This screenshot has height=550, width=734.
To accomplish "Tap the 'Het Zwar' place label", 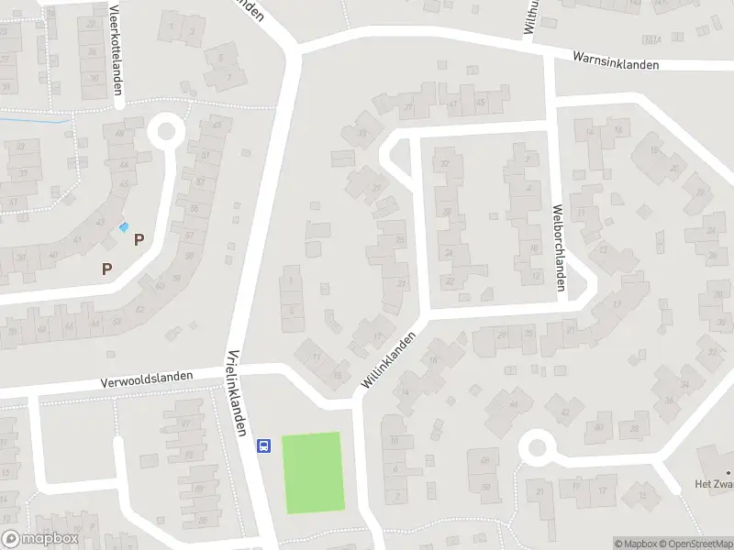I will (x=712, y=483).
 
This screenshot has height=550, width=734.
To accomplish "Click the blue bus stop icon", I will (x=264, y=445).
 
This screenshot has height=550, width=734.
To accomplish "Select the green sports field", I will (x=312, y=472).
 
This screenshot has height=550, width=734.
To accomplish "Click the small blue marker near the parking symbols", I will (x=125, y=226).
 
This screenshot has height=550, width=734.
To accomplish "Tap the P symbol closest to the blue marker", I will (x=139, y=240).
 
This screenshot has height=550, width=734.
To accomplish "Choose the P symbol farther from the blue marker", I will (x=107, y=269).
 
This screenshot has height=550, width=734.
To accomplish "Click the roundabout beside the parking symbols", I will (x=166, y=130).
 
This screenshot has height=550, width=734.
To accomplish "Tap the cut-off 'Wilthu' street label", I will (x=529, y=16).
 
